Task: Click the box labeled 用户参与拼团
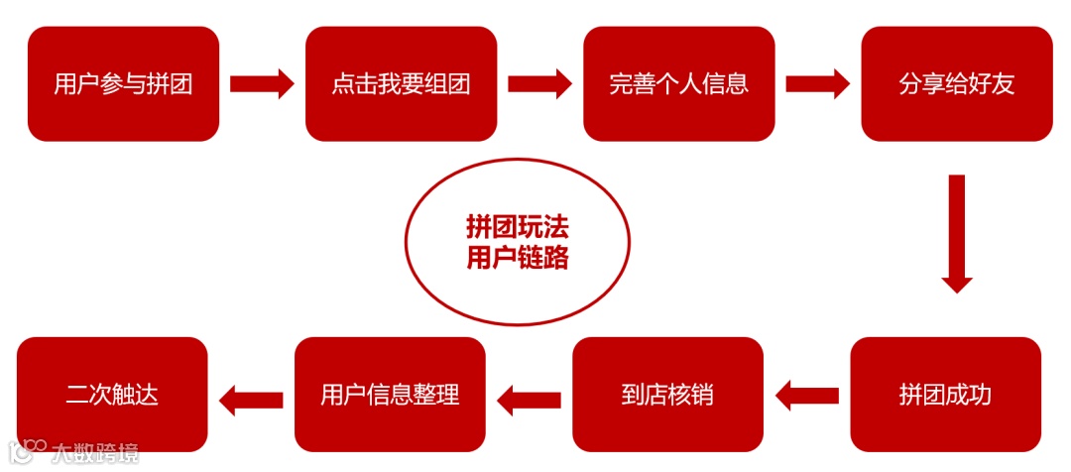point(123,83)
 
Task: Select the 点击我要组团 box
point(401,83)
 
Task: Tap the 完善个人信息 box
point(678,83)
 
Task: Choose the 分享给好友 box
point(956,83)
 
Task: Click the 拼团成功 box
point(945,395)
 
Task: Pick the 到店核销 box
point(667,395)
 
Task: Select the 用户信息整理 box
point(390,395)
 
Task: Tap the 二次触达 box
point(112,395)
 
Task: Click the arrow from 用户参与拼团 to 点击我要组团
point(262,83)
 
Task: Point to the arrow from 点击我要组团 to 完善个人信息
point(539,83)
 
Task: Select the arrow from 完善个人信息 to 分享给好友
point(817,83)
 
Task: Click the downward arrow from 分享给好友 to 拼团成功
point(956,233)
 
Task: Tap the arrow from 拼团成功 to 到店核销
point(806,396)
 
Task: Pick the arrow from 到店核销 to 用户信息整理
point(529,400)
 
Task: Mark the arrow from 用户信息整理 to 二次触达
point(251,400)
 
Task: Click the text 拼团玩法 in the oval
point(517,227)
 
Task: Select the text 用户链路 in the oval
point(517,258)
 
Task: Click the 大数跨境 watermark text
point(97,453)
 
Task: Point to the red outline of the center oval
point(406,243)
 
